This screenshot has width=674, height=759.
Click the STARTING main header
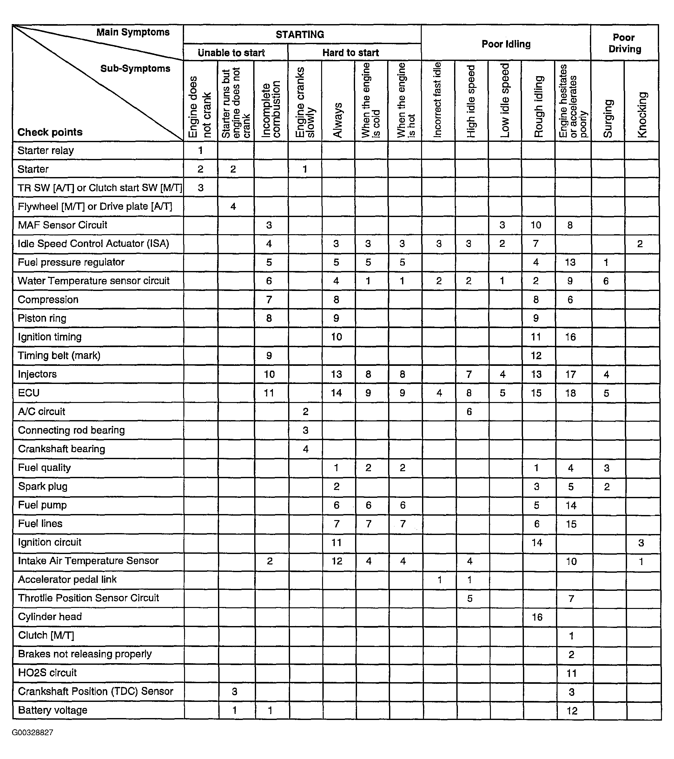coord(300,35)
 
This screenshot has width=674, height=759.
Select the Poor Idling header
coord(506,44)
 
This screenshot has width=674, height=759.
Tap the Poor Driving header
coord(624,43)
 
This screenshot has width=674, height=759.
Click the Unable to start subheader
coord(231,53)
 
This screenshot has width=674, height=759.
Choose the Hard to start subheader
coord(351,53)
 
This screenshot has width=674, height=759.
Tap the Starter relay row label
coord(46,150)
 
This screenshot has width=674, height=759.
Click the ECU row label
coord(29,393)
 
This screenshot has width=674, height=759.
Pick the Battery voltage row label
coord(52,710)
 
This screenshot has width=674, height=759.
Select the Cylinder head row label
coord(50,617)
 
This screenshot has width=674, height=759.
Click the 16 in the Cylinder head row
coord(537,617)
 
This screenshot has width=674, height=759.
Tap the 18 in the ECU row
coord(571,393)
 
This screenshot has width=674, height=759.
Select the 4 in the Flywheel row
coord(233,207)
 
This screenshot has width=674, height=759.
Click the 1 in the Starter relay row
coord(201,150)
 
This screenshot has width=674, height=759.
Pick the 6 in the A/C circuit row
coord(469,412)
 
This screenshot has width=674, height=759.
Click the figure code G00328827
coord(32,733)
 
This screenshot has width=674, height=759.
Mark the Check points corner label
coord(50,132)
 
